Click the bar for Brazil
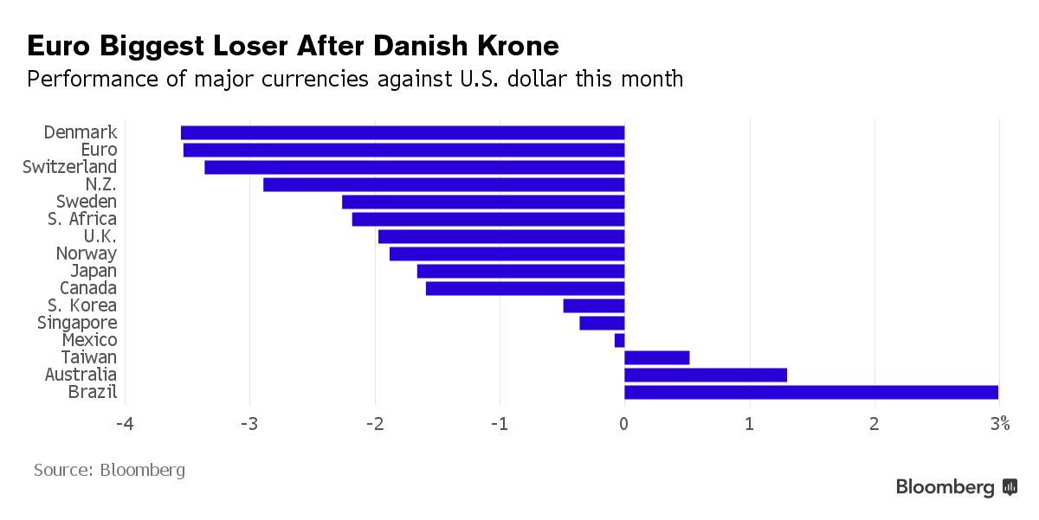click(x=810, y=393)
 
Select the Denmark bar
click(x=403, y=132)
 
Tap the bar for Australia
click(x=705, y=376)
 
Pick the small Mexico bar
click(x=620, y=341)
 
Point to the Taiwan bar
click(x=656, y=358)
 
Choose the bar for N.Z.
click(x=443, y=184)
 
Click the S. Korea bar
click(x=593, y=305)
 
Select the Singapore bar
click(x=602, y=323)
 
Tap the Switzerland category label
click(x=69, y=167)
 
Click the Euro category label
click(x=98, y=150)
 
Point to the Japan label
click(x=94, y=271)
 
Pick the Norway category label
click(x=86, y=254)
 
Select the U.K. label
click(x=100, y=236)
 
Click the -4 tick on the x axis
click(x=125, y=424)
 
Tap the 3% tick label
click(x=1000, y=424)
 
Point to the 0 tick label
click(x=624, y=424)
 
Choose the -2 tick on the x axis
click(x=374, y=424)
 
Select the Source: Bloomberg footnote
click(x=109, y=471)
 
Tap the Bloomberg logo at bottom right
click(x=956, y=487)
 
